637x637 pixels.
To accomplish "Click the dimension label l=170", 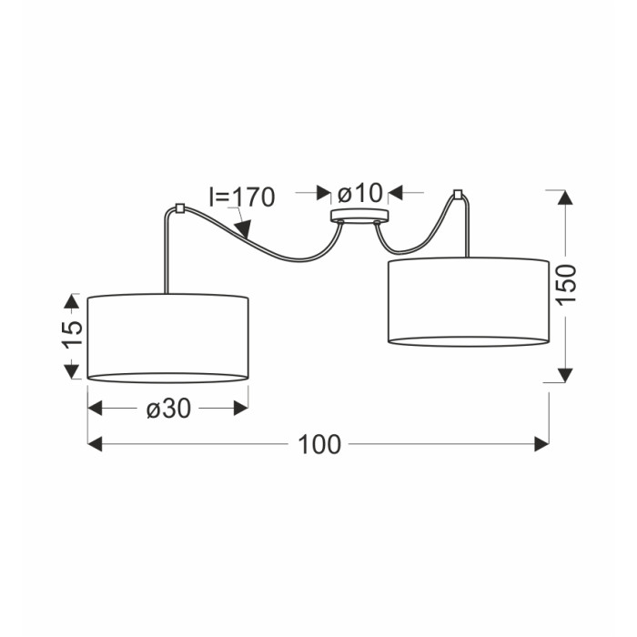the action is coord(242,197).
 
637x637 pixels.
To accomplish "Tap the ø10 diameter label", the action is coord(360,193).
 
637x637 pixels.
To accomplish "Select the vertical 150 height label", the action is coord(566,284).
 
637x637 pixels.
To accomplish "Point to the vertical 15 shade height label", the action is coord(72,335).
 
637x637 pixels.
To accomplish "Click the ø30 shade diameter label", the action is coord(168,408).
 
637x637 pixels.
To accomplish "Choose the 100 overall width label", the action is coord(319,444).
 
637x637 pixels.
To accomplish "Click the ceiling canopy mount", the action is coord(359,217).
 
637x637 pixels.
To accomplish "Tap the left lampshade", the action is coord(168,338).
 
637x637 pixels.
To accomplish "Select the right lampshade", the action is coord(469,301).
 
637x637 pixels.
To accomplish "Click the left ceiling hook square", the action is coord(179,208).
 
